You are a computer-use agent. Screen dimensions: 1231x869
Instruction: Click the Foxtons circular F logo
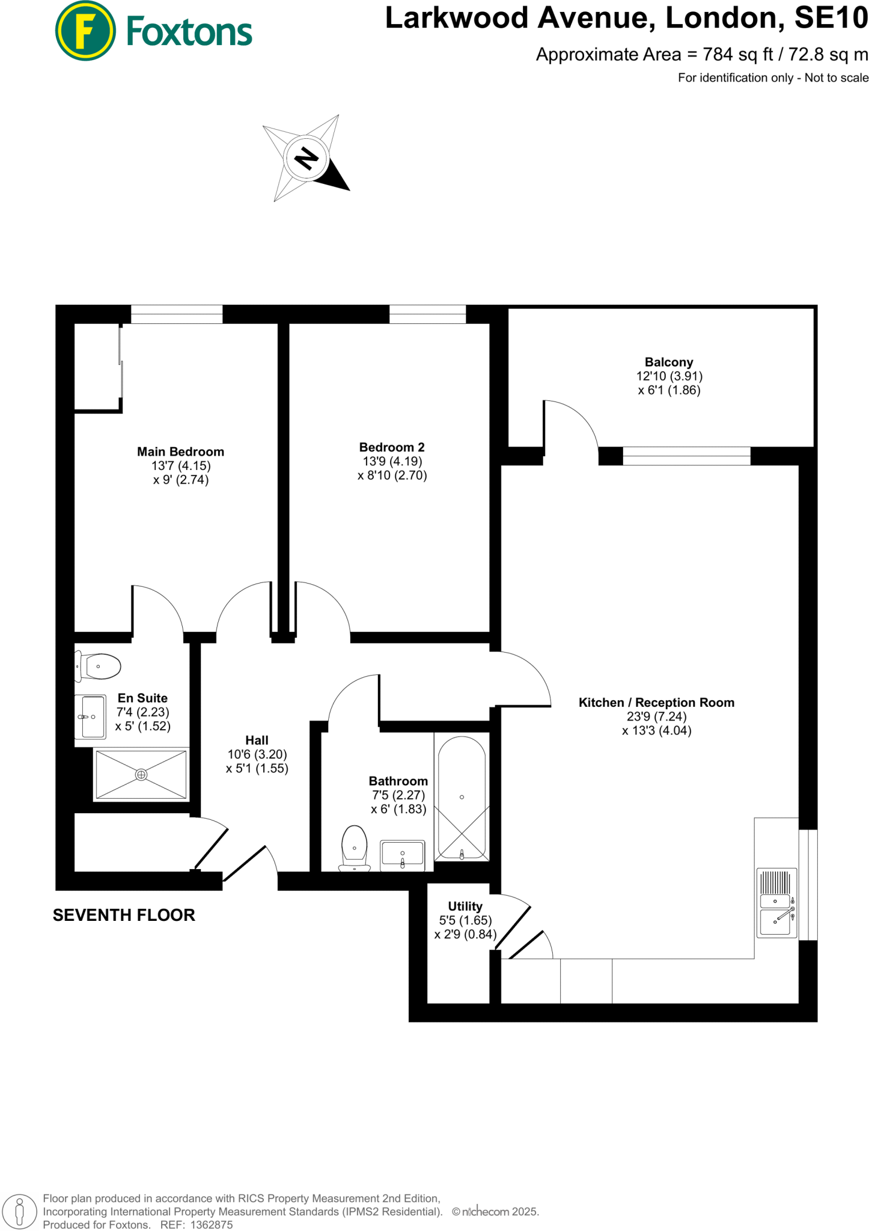pos(85,31)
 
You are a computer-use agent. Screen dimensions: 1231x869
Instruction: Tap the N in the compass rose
pos(306,159)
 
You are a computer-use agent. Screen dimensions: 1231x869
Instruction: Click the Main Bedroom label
pos(180,452)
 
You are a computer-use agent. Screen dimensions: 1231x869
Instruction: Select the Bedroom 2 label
pos(392,447)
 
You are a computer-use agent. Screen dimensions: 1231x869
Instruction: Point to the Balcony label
pos(669,362)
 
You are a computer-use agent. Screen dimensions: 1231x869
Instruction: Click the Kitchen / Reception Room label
pos(656,703)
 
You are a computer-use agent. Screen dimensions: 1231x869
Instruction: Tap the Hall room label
pos(257,741)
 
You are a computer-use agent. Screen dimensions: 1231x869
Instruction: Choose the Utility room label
pos(465,906)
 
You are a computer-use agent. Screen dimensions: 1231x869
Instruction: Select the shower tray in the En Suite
pos(141,775)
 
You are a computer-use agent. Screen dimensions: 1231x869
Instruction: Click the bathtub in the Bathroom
pos(462,797)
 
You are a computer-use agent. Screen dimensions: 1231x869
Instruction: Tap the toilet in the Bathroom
pos(355,848)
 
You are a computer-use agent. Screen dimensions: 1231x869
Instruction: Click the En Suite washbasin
pos(90,716)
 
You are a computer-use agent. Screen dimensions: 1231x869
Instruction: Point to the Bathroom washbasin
pos(403,854)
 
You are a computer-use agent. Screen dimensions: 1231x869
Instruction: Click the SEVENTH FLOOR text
pos(124,915)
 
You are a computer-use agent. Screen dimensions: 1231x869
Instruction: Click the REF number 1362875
pos(212,1224)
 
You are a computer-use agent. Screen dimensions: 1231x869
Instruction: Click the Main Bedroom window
pos(177,314)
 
